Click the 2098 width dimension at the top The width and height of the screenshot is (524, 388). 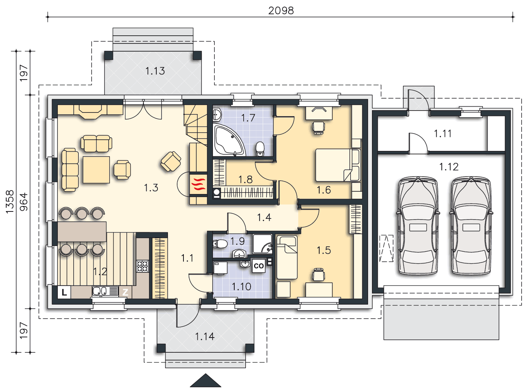281,10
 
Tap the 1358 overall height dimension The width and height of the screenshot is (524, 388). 10,202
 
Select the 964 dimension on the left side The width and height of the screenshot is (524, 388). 24,202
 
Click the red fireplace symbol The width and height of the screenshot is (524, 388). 198,184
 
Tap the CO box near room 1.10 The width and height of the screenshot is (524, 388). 258,266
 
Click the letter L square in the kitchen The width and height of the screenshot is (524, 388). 64,293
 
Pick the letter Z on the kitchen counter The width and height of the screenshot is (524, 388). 125,292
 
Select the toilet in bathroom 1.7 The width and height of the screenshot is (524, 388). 260,149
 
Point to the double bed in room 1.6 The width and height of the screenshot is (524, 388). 338,165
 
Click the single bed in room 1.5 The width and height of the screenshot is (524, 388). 287,257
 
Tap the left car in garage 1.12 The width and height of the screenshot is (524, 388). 418,226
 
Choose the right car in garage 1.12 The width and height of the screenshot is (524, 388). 471,226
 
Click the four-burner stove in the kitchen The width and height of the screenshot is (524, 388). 142,266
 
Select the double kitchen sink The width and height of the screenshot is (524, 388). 105,291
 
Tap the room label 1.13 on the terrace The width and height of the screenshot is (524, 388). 155,71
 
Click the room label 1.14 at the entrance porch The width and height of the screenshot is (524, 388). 205,336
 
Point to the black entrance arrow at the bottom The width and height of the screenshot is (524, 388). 206,380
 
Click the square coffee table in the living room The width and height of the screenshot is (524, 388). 96,170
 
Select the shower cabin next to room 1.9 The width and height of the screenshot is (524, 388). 262,244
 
